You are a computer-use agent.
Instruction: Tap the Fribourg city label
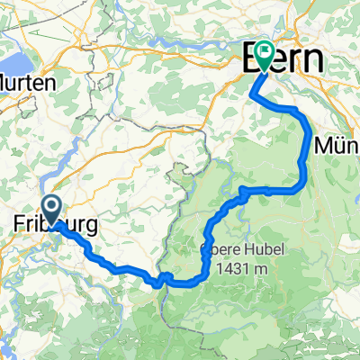pyautogui.click(x=57, y=222)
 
